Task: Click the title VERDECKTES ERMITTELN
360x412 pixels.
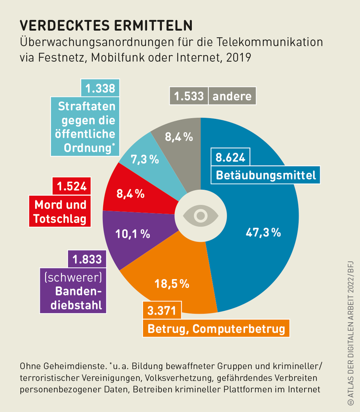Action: coord(105,25)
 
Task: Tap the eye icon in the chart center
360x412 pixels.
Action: coord(201,215)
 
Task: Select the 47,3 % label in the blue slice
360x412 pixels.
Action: coord(263,232)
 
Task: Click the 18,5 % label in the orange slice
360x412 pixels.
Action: coord(172,283)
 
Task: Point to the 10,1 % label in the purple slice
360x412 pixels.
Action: coord(133,234)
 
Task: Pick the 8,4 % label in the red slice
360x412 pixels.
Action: coord(130,193)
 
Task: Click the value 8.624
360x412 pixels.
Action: coord(230,157)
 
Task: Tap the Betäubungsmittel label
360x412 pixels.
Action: coord(266,176)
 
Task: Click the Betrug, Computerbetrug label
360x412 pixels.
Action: coord(216,329)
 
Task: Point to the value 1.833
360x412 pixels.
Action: coord(86,259)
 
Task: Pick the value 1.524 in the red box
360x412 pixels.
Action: coord(72,186)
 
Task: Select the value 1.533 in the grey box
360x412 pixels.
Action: coord(188,96)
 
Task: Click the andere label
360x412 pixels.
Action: coord(232,96)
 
